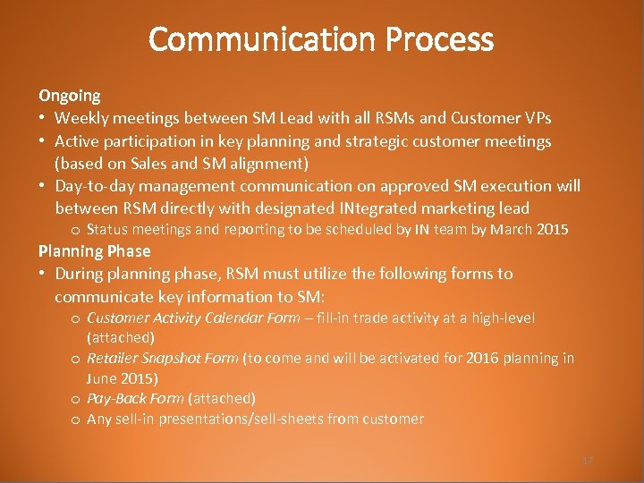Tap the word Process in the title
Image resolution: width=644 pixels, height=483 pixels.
(x=440, y=39)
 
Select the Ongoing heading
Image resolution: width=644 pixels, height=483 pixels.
(x=69, y=95)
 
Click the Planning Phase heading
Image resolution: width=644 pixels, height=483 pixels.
(x=94, y=251)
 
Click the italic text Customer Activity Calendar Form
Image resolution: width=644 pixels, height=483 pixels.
(x=193, y=318)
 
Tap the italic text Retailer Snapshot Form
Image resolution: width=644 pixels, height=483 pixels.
(x=162, y=358)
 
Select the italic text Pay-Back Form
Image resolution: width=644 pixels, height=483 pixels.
(x=135, y=398)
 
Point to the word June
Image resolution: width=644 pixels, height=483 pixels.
(x=102, y=378)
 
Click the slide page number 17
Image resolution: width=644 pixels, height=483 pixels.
(x=588, y=461)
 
